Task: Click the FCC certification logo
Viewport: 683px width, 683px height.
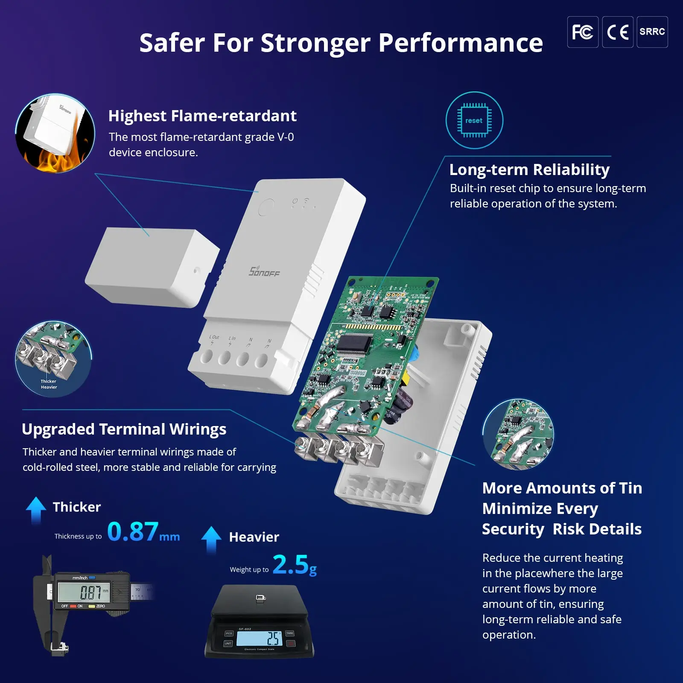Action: coord(582,32)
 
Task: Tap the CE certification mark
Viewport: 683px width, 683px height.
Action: coord(617,32)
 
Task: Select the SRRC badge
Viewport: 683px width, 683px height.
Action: coord(652,32)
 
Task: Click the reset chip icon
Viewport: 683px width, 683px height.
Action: coord(474,120)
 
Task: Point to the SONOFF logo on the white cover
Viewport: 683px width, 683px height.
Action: coord(264,271)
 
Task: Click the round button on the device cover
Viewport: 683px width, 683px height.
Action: coord(266,208)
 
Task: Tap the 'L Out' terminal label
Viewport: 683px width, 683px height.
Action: coord(214,337)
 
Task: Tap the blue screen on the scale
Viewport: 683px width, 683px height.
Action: coord(259,639)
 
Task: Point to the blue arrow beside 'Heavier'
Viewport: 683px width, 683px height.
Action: coord(211,539)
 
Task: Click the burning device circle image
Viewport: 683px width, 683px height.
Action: coord(55,134)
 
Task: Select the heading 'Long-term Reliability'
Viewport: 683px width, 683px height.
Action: coord(529,169)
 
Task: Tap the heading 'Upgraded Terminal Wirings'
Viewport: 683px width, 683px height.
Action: coord(124,429)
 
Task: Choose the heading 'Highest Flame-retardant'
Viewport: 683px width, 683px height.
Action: coord(202,116)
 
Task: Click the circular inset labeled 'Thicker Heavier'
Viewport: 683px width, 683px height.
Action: coord(53,359)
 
